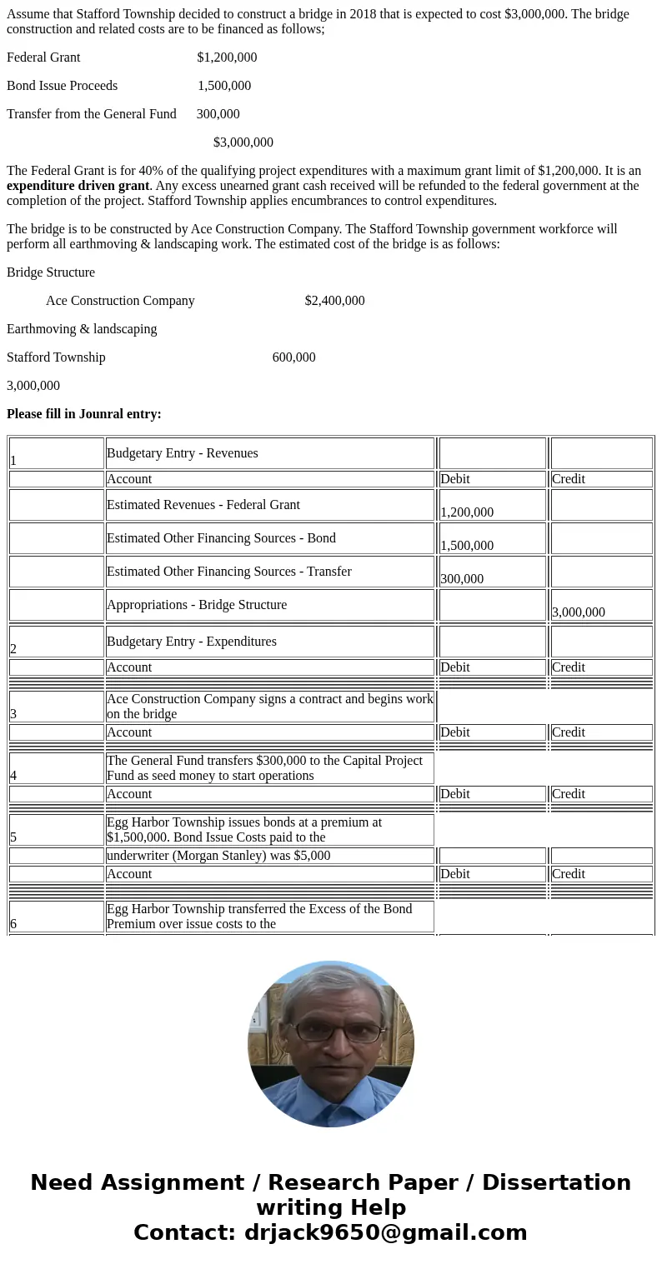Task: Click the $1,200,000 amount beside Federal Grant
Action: tap(227, 57)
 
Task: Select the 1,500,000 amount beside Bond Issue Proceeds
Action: tap(224, 86)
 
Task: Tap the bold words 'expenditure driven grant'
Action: tap(78, 186)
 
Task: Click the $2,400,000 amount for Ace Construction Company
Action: tap(334, 301)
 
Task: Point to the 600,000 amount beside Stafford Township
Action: tap(293, 357)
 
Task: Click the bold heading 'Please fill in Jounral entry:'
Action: tap(83, 414)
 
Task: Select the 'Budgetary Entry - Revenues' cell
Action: tap(269, 453)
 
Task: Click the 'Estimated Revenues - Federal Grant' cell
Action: tap(269, 505)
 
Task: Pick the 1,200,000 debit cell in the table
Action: tap(492, 506)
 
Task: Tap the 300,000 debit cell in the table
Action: tap(492, 572)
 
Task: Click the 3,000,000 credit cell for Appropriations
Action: tap(601, 606)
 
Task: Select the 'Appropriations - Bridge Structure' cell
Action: tap(269, 605)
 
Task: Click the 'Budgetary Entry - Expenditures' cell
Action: tap(269, 642)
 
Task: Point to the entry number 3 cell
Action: tap(56, 707)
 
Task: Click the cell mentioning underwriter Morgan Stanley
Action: tap(269, 856)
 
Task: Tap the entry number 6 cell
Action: tap(56, 917)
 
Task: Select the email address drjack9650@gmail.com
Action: tap(385, 1233)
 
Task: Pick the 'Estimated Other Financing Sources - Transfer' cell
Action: tap(269, 572)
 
